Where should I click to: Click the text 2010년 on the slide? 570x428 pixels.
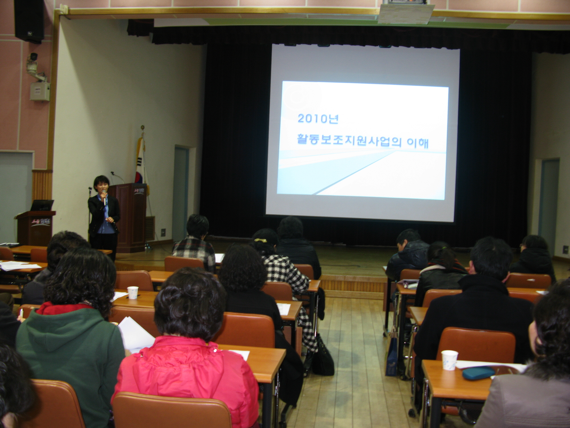click(x=317, y=118)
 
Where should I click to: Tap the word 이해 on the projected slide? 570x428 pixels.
click(x=417, y=143)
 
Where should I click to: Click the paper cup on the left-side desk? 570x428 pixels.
click(x=133, y=292)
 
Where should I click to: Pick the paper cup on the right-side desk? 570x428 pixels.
click(x=449, y=360)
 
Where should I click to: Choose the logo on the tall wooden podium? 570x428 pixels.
click(x=139, y=190)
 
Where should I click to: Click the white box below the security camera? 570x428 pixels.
click(x=40, y=91)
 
